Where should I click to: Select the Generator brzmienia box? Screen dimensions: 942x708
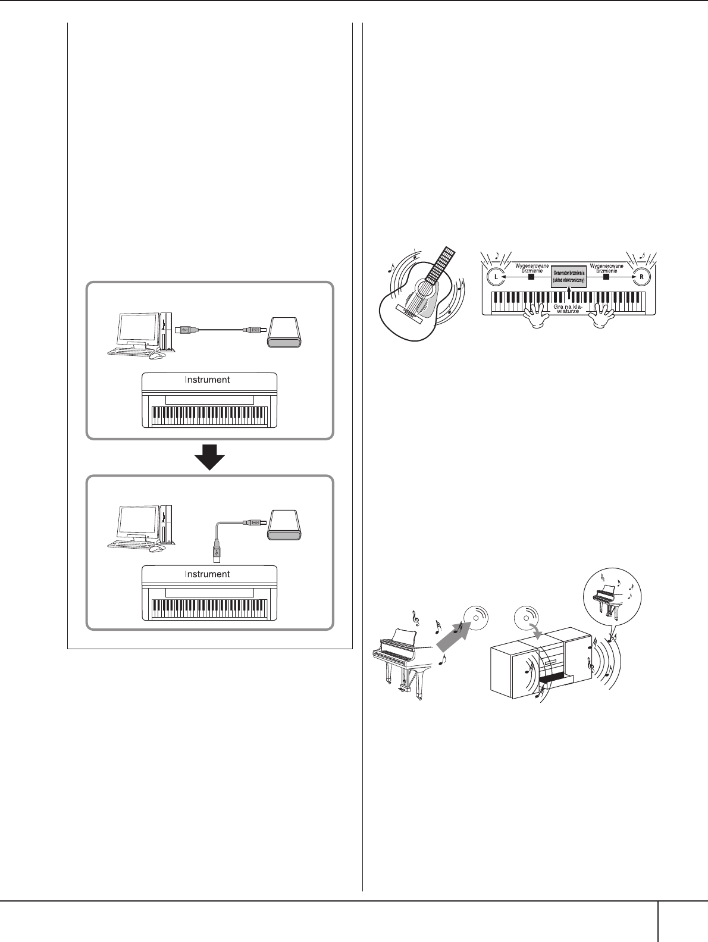pos(569,276)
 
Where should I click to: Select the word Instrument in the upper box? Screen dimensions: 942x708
pos(207,379)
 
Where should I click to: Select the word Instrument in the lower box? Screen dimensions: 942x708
pos(207,574)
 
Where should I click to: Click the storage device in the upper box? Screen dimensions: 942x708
pos(285,331)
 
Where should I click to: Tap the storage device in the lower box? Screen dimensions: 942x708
pos(285,525)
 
